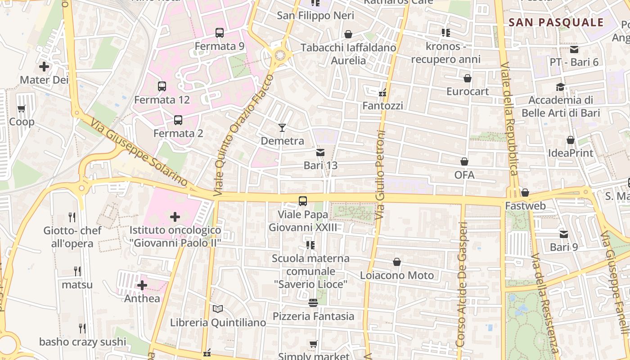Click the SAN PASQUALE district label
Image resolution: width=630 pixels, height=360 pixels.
pos(556,22)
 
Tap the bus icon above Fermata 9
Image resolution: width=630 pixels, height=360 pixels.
pos(220,33)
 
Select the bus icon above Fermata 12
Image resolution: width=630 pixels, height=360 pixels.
pos(162,86)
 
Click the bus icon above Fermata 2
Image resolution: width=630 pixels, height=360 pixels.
pos(178,120)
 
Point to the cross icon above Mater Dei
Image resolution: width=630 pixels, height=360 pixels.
pos(44,67)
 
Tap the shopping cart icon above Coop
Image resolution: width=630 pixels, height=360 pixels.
pos(21,108)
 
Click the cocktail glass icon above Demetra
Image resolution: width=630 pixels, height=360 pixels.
pos(282,128)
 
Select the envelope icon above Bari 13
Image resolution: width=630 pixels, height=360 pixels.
pos(320,153)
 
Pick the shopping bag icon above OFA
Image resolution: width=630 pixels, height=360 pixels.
pos(464,162)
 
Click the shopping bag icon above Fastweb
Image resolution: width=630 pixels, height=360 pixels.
pos(525,193)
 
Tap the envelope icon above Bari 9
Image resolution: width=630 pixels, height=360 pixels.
pos(564,234)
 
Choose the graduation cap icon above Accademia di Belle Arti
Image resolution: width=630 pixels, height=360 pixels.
pos(560,87)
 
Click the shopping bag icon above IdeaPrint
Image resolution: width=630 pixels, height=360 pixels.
pos(571,140)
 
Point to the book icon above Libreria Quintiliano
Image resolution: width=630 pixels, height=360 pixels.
pos(218,309)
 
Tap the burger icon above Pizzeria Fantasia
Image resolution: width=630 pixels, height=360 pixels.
pos(313,303)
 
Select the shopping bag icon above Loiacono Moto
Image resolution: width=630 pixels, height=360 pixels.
pos(397,262)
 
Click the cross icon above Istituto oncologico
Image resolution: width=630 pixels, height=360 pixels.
pos(175,217)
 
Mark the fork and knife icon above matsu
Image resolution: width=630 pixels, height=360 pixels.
pos(77,271)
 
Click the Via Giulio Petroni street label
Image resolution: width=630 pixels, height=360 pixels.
pos(381,175)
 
